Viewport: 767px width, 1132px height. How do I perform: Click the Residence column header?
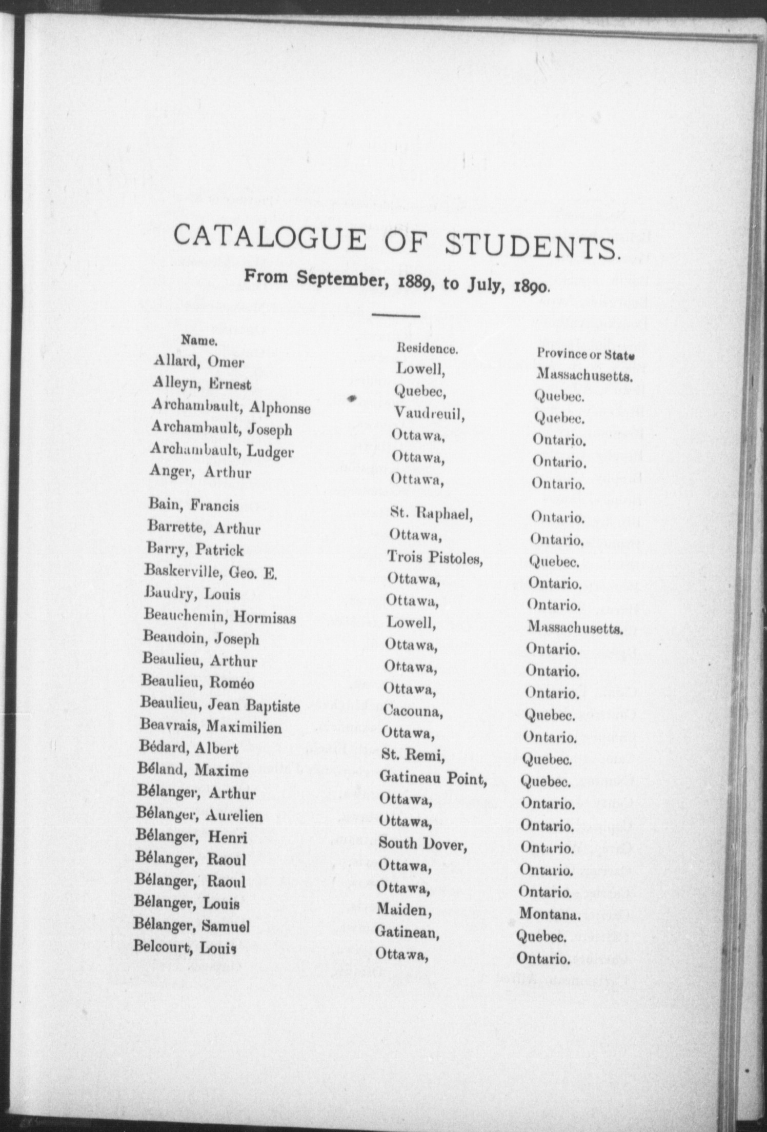click(427, 349)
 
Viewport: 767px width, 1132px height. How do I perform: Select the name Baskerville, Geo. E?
click(211, 572)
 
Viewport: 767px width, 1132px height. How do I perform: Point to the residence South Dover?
click(423, 844)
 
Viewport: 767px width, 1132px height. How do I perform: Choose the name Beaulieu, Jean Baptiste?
click(220, 705)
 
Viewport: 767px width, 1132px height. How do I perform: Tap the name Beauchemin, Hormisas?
click(220, 617)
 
